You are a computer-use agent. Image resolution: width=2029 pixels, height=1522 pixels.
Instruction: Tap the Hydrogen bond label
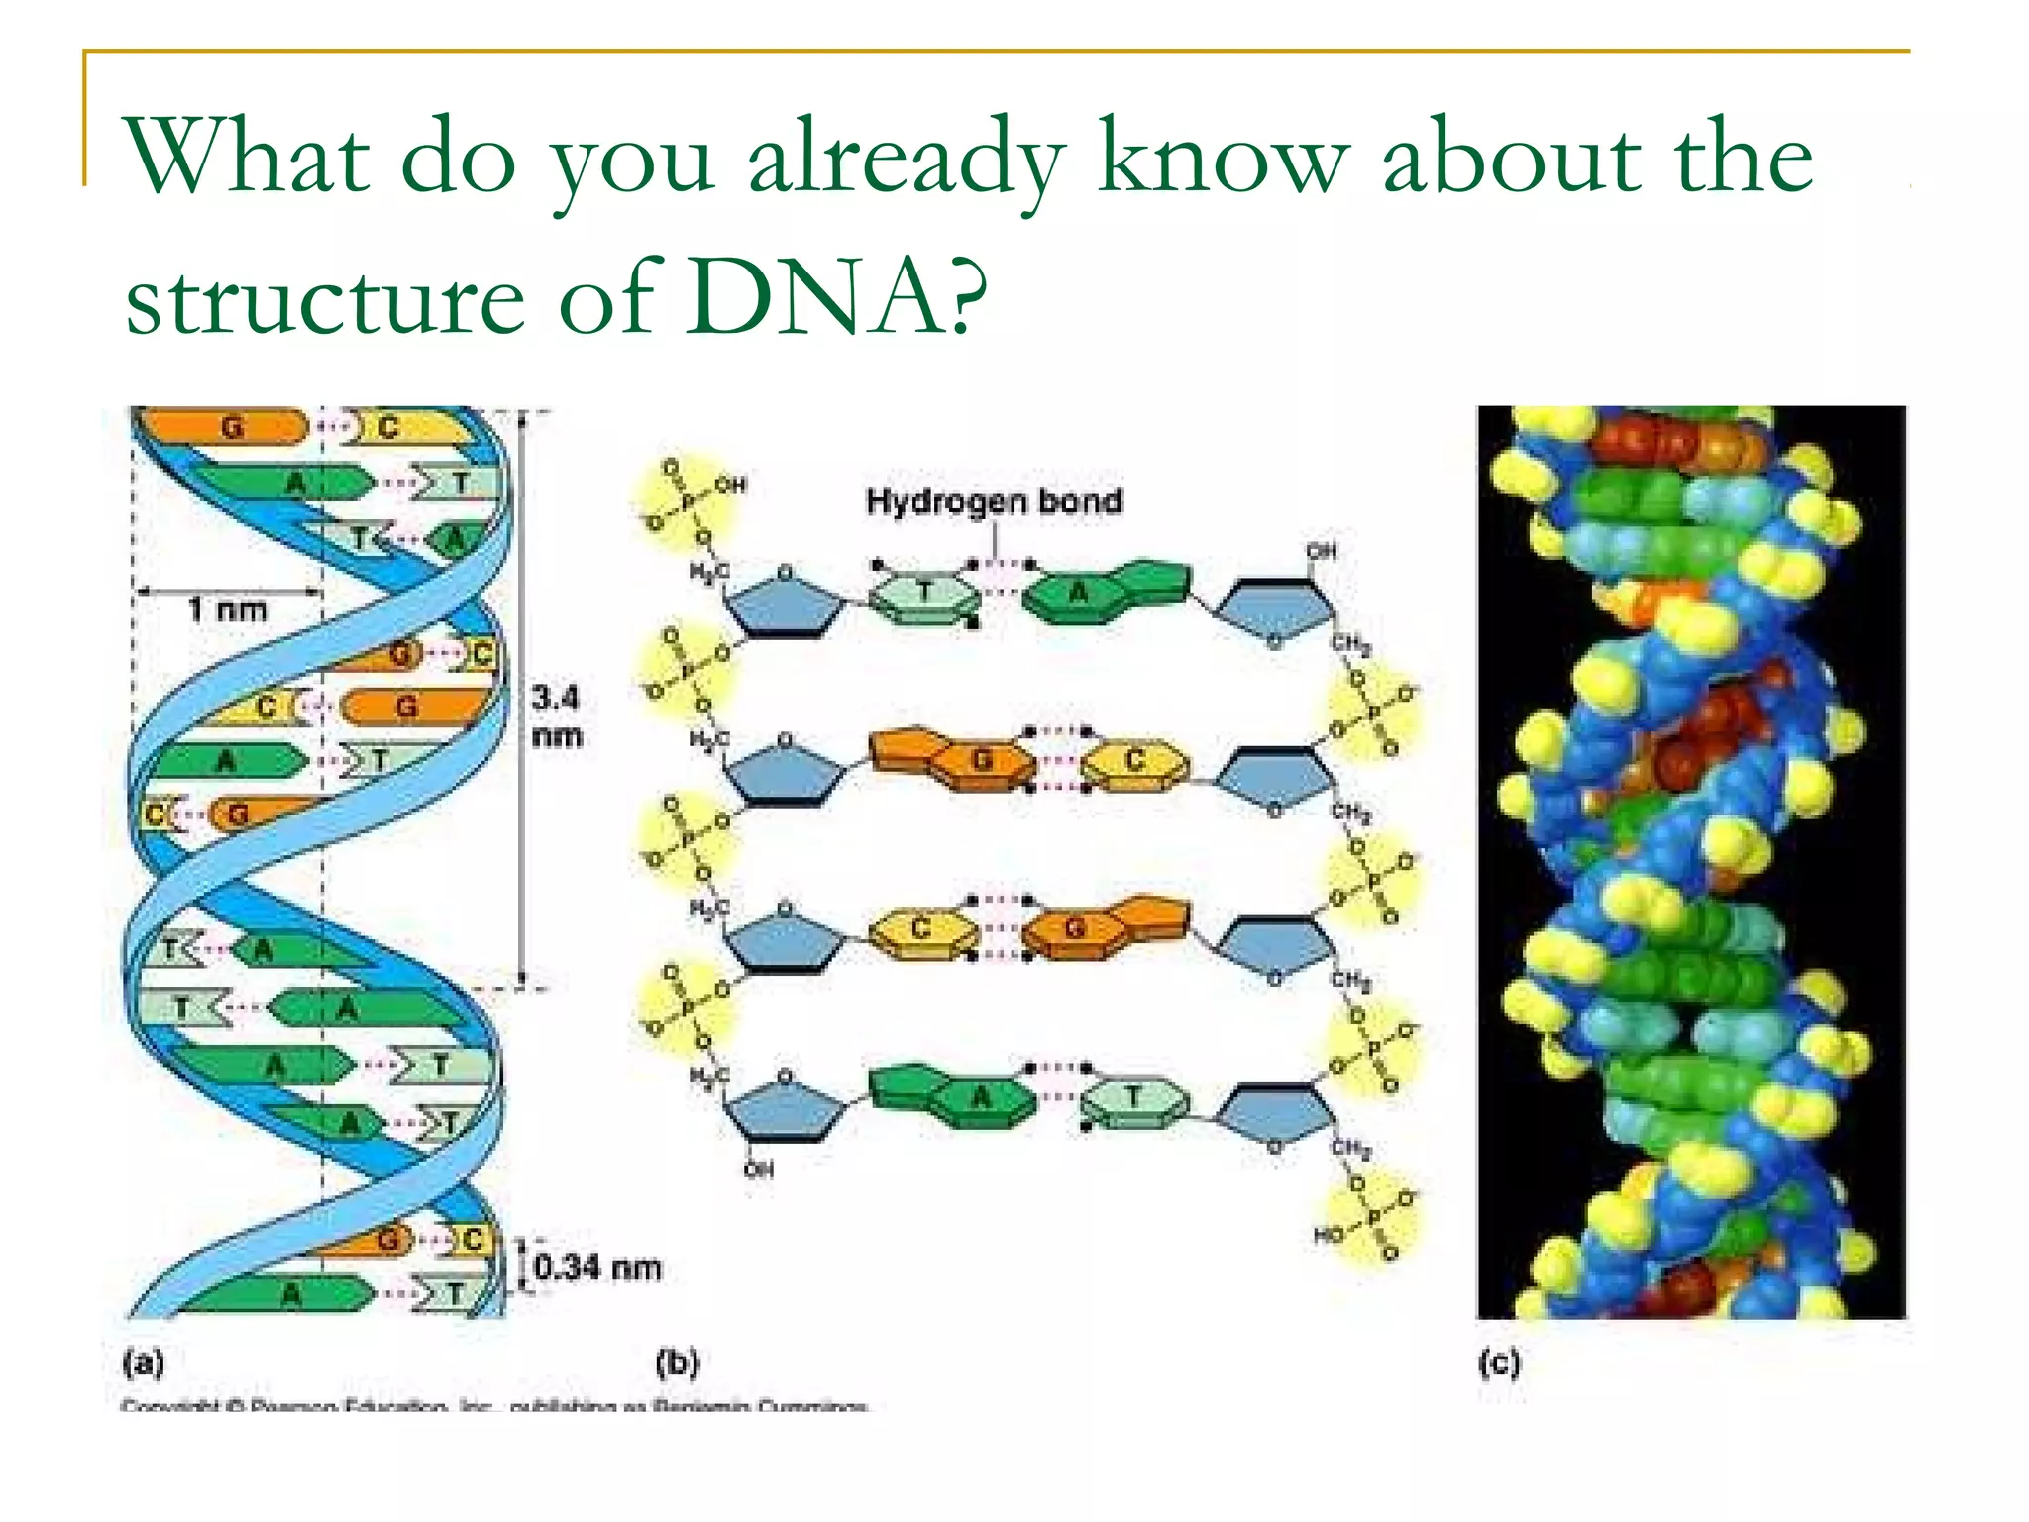pos(994,501)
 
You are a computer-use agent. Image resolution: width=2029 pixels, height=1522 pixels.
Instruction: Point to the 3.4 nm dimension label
pos(556,716)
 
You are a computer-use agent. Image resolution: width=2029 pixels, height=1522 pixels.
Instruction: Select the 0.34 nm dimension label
pos(597,1267)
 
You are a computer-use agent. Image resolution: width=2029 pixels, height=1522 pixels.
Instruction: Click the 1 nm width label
pos(229,608)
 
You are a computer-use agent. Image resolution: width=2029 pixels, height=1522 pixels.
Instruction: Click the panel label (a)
pos(143,1363)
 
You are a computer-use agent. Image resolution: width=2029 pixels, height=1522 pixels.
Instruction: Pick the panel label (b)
pos(678,1363)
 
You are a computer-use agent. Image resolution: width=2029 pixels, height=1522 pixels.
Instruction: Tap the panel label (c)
pos(1498,1363)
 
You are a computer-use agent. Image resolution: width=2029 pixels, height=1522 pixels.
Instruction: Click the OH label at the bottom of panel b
pos(758,1170)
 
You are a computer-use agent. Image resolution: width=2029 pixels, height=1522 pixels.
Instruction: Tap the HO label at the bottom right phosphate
pos(1328,1235)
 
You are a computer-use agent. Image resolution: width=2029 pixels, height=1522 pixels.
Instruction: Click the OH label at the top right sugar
pos(1321,550)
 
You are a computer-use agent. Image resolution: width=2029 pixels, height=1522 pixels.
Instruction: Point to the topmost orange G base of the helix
pos(230,427)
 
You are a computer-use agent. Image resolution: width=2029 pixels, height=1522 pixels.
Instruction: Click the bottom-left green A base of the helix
pos(289,1294)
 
